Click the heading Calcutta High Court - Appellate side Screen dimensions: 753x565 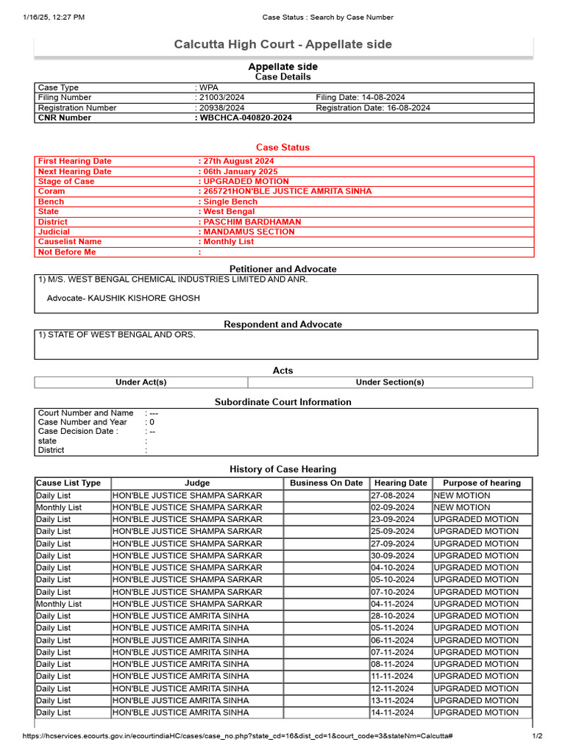pyautogui.click(x=282, y=45)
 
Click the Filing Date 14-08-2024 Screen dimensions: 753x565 pyautogui.click(x=360, y=97)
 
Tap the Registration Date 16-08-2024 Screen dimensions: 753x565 pyautogui.click(x=373, y=107)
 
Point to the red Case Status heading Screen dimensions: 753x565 pyautogui.click(x=282, y=147)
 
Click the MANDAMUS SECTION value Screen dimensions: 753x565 pyautogui.click(x=249, y=232)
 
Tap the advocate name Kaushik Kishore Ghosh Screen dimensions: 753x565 pyautogui.click(x=124, y=298)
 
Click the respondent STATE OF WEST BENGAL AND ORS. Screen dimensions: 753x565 pyautogui.click(x=116, y=335)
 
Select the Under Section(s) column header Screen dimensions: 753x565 pyautogui.click(x=390, y=382)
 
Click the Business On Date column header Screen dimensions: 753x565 pyautogui.click(x=326, y=483)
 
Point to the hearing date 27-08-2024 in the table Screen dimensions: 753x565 pyautogui.click(x=393, y=496)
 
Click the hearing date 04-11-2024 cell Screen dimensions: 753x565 pyautogui.click(x=393, y=604)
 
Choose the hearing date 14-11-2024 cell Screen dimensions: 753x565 pyautogui.click(x=393, y=712)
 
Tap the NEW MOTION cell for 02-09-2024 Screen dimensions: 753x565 pyautogui.click(x=462, y=507)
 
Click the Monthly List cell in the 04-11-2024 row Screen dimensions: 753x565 pyautogui.click(x=59, y=604)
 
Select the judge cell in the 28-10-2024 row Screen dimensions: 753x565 pyautogui.click(x=180, y=615)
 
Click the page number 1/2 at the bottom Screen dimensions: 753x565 pyautogui.click(x=537, y=736)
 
